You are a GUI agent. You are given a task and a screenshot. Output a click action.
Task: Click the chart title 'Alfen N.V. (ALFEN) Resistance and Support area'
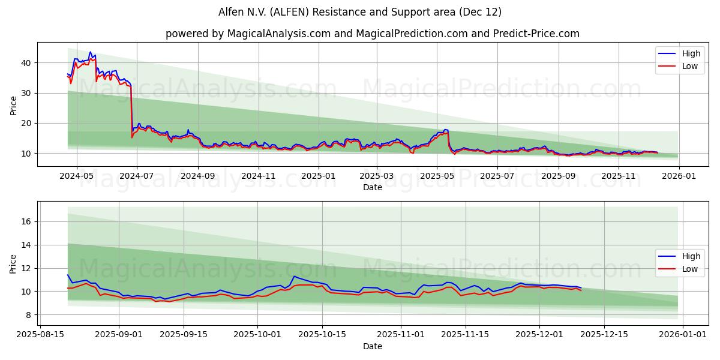point(360,12)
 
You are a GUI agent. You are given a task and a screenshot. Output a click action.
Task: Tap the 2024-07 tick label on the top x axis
point(136,176)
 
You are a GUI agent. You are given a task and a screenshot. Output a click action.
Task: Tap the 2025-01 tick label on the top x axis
point(318,176)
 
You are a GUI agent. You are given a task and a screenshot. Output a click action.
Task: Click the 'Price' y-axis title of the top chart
point(13,106)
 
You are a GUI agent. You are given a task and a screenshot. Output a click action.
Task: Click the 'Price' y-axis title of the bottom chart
point(13,264)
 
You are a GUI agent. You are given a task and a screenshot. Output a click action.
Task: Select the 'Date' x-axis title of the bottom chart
point(372,346)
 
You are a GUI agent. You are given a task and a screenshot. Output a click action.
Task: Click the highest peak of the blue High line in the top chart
point(90,52)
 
